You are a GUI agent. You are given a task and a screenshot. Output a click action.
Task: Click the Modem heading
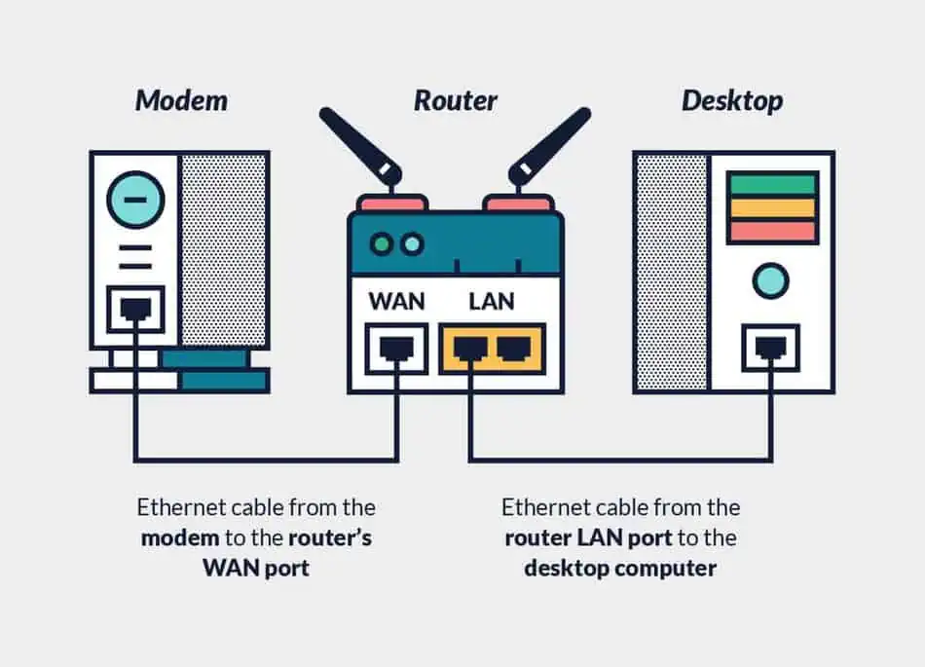tap(181, 100)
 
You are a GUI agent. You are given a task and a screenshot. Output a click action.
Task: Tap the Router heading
tap(455, 100)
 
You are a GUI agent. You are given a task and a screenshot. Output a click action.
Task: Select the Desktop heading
tap(732, 101)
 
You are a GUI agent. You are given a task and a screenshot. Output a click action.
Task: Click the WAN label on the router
tap(396, 301)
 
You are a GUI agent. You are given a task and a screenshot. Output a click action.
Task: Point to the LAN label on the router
tap(492, 301)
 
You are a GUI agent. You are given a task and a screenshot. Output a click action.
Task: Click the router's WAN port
tap(396, 349)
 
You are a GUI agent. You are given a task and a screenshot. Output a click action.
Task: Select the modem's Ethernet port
tap(135, 309)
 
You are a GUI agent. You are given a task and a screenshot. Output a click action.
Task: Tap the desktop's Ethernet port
tap(770, 348)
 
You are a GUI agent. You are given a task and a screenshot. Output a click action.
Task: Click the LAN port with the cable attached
tap(470, 349)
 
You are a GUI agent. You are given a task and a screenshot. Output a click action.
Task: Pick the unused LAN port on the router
tap(514, 349)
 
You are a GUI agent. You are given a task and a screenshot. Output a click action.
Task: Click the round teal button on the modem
tap(135, 200)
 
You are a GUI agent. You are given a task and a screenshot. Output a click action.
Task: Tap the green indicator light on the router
tap(381, 243)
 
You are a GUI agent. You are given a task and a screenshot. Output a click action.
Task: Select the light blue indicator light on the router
tap(413, 243)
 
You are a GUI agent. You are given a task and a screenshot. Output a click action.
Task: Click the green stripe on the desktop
tap(772, 184)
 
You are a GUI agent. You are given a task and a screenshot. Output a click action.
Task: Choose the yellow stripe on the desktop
tap(772, 208)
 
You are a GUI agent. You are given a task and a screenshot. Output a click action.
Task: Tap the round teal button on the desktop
tap(770, 280)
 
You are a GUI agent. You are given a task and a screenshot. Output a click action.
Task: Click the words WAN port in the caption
tap(256, 568)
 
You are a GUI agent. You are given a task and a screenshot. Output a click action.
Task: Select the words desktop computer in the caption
tap(620, 569)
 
